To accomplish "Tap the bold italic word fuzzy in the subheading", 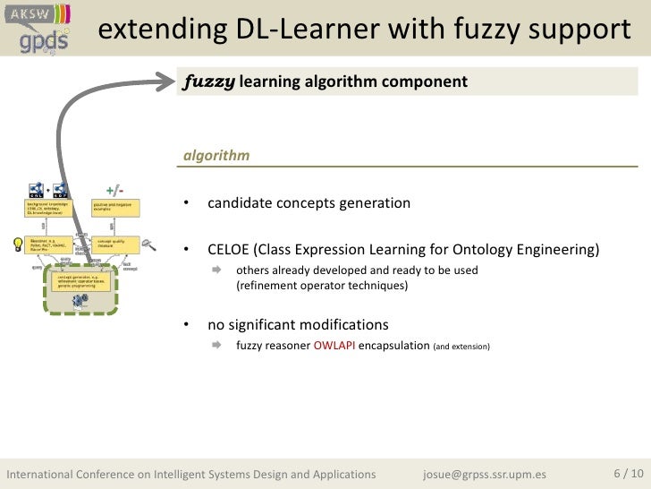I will click(x=209, y=82).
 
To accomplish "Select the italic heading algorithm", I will click(x=216, y=156).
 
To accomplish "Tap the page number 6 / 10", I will click(x=627, y=473).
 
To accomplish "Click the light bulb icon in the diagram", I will click(x=15, y=243).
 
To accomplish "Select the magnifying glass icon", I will click(x=149, y=243).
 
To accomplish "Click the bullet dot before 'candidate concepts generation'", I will click(x=186, y=204).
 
